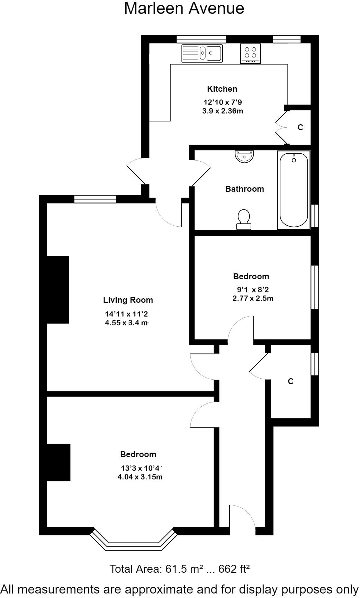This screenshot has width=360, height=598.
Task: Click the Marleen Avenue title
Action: click(x=184, y=8)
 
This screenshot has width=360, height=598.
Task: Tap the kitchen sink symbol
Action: click(x=202, y=53)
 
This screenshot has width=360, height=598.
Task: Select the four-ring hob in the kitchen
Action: click(x=250, y=54)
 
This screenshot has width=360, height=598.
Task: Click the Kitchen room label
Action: click(x=222, y=89)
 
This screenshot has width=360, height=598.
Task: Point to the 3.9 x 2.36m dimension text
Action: click(x=222, y=111)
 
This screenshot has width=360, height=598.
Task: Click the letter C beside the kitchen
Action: click(x=300, y=127)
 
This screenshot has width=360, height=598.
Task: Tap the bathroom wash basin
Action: click(x=244, y=156)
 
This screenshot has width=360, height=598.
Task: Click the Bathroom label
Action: click(x=244, y=189)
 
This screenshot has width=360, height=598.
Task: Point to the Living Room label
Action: click(x=128, y=300)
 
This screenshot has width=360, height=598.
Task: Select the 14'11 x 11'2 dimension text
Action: click(x=126, y=314)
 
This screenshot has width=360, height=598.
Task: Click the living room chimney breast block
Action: click(x=58, y=289)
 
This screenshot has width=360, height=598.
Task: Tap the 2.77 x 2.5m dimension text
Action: click(x=252, y=298)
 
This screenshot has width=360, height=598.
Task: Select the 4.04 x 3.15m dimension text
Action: click(x=140, y=477)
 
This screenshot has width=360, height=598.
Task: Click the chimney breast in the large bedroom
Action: click(x=58, y=462)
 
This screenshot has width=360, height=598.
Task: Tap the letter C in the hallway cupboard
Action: click(x=290, y=381)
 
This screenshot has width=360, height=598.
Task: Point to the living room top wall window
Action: click(x=95, y=199)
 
